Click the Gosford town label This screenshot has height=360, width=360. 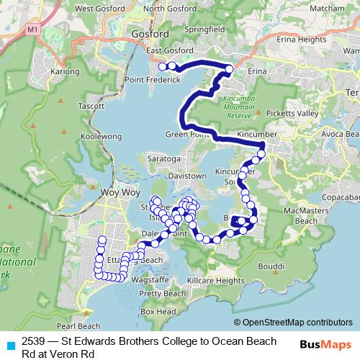tap(150, 34)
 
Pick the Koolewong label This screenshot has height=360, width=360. tap(82, 134)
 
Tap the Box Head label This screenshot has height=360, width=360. tap(158, 312)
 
